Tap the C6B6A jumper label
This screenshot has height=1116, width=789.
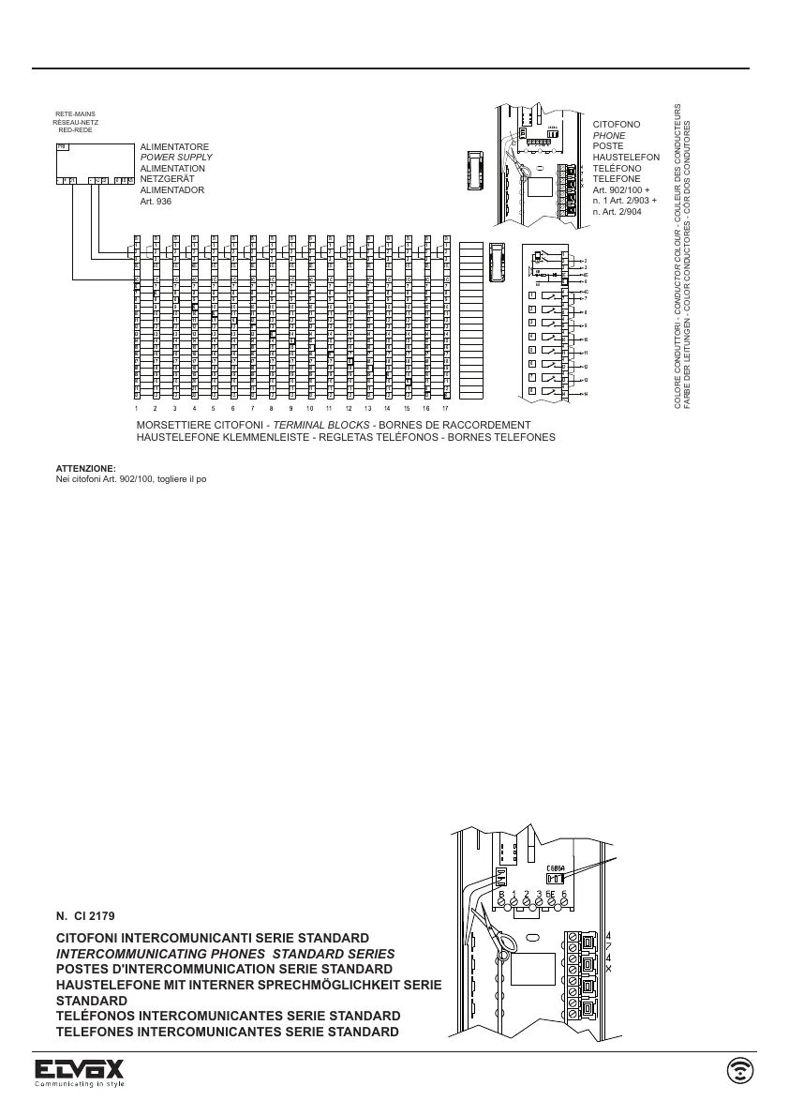(x=555, y=867)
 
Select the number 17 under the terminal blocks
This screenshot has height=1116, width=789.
(x=446, y=409)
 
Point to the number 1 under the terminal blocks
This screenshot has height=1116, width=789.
(x=136, y=409)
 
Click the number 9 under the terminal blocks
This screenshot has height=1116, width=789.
(x=290, y=409)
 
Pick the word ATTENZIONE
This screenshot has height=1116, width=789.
(x=85, y=467)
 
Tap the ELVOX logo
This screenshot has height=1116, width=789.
(x=79, y=1068)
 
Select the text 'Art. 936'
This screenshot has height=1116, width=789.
(x=156, y=201)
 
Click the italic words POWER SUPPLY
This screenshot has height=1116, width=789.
(x=176, y=158)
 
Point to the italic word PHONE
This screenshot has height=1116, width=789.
(x=609, y=136)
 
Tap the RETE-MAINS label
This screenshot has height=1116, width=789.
(x=75, y=114)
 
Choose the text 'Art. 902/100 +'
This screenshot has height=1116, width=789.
(x=621, y=190)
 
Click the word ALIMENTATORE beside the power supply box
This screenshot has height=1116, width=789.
(x=174, y=147)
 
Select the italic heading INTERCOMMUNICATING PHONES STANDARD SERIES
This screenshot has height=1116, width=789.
(x=225, y=953)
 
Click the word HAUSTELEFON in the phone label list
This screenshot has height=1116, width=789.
(x=626, y=158)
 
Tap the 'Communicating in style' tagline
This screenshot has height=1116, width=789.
(x=79, y=1083)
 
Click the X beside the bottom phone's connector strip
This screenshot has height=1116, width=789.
(x=609, y=969)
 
